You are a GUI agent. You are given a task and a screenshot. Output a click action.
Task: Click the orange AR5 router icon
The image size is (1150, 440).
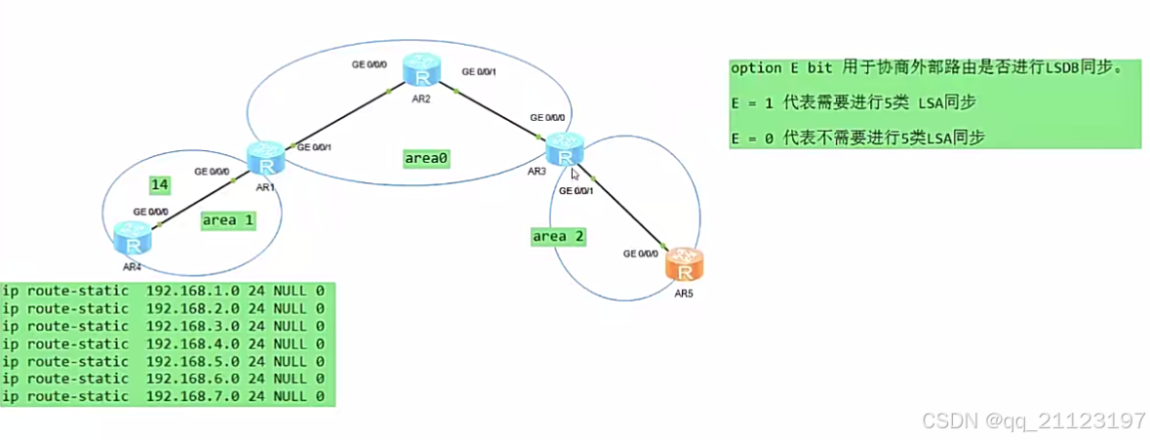click(x=684, y=263)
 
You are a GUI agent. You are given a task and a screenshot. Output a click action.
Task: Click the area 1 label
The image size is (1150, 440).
click(x=228, y=220)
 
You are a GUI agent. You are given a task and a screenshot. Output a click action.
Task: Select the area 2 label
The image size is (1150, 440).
click(x=558, y=236)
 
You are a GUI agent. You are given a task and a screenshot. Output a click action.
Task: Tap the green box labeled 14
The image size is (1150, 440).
click(x=160, y=183)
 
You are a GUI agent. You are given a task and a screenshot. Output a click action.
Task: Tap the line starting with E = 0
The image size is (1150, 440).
click(x=857, y=138)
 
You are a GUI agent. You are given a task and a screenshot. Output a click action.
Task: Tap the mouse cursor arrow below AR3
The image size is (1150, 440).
click(x=575, y=175)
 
